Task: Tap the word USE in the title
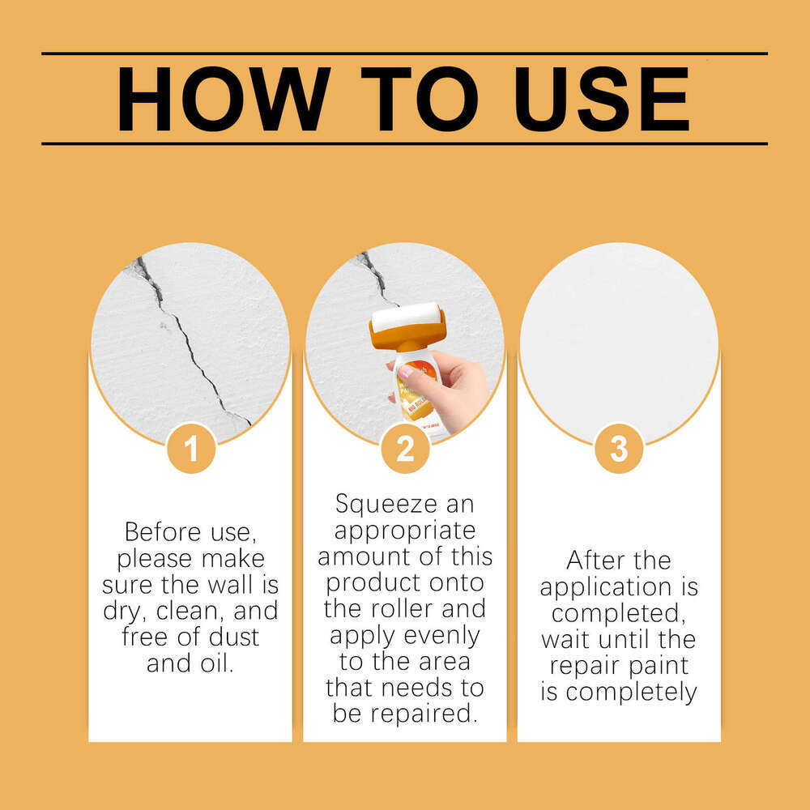(603, 98)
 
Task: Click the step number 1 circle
(191, 449)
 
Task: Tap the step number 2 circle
(405, 449)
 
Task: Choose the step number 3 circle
(619, 449)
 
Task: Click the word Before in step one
(162, 532)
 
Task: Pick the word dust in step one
(233, 637)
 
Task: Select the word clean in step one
(190, 611)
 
